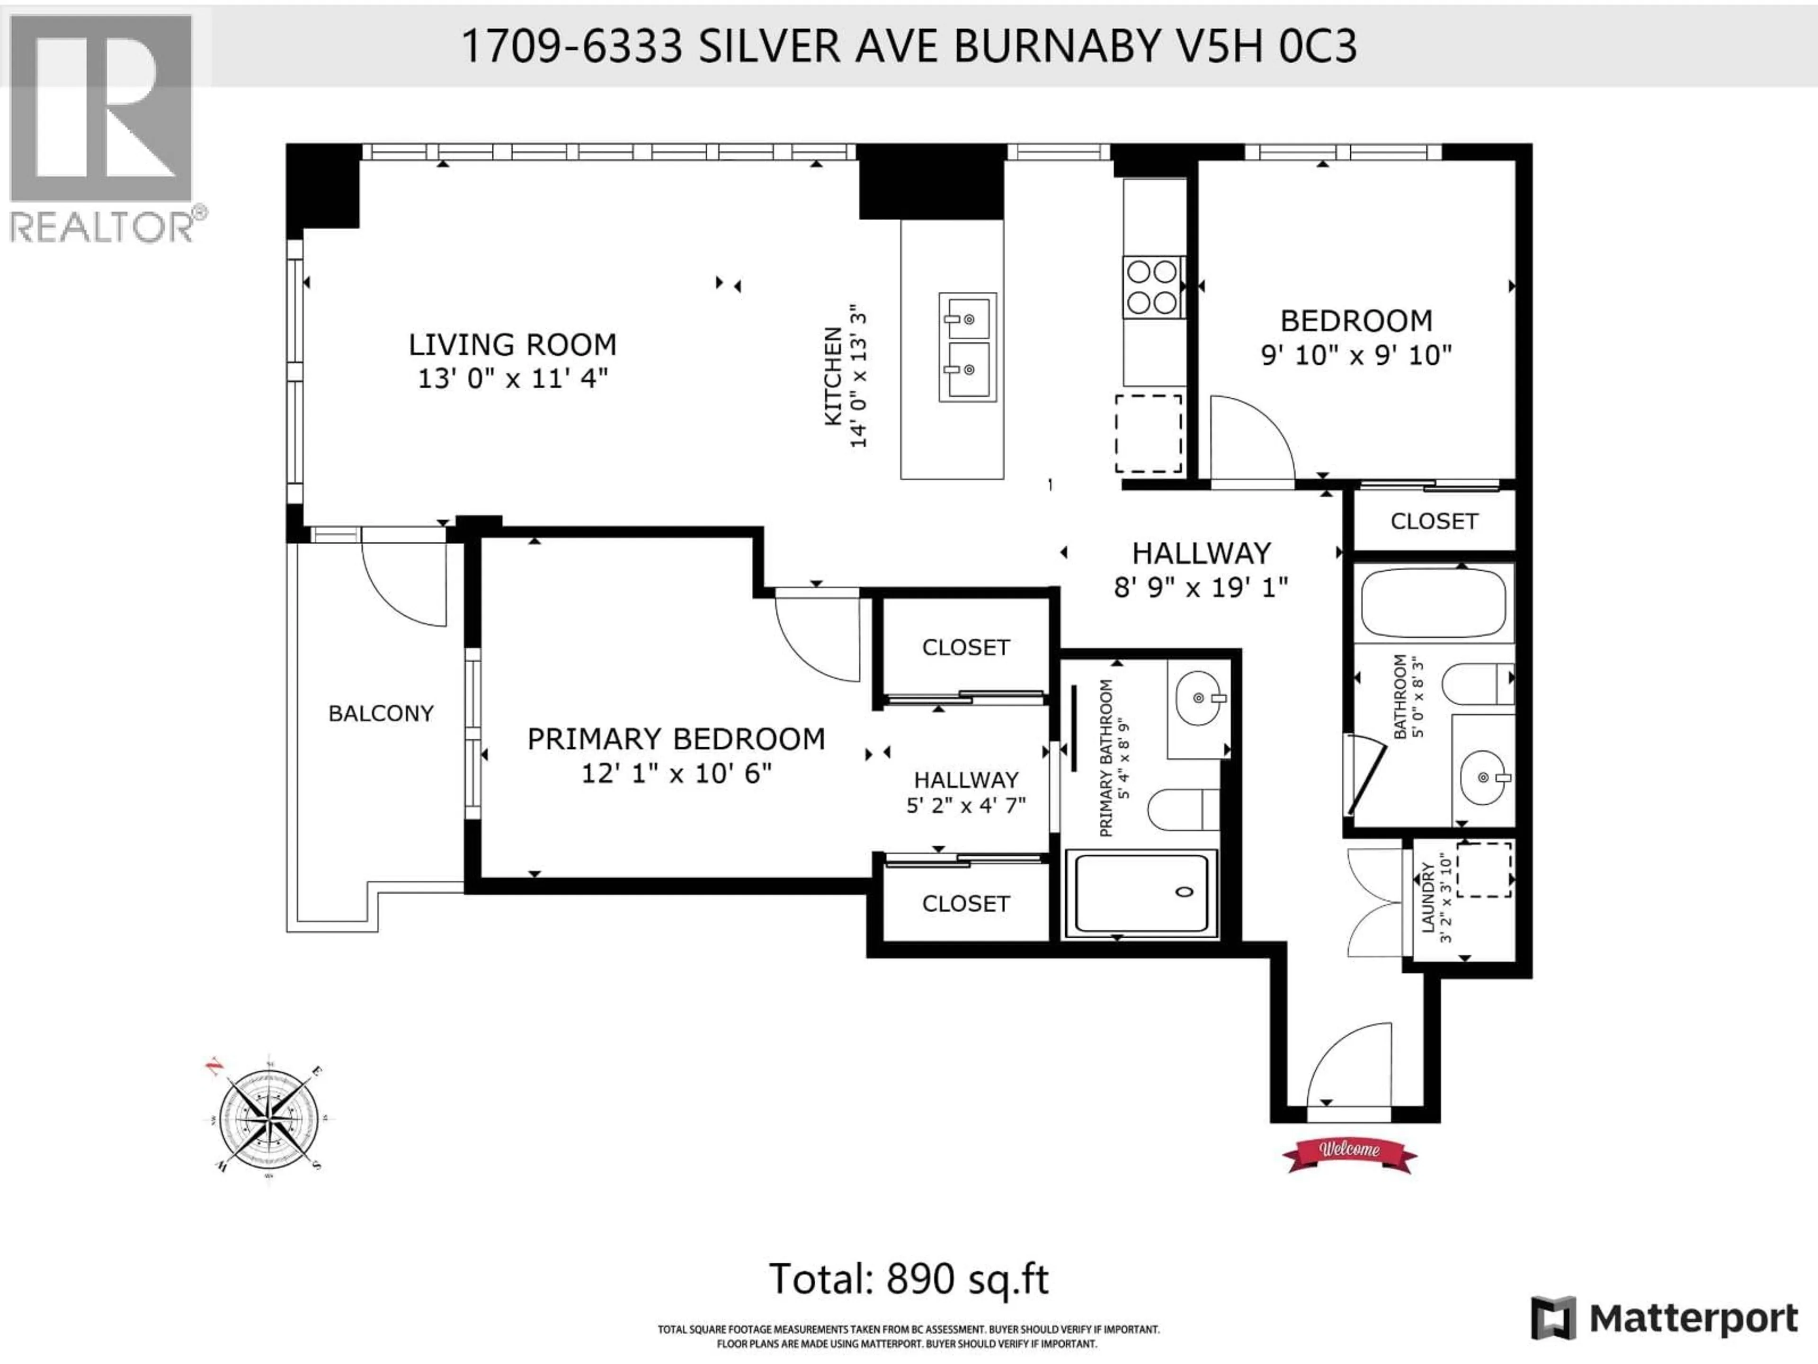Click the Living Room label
[512, 344]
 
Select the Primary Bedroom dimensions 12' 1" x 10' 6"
[677, 774]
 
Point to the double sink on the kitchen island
[967, 346]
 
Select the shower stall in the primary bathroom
[1141, 893]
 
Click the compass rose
[269, 1118]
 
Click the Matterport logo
[1664, 1319]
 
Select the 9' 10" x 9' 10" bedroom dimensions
[1356, 355]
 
